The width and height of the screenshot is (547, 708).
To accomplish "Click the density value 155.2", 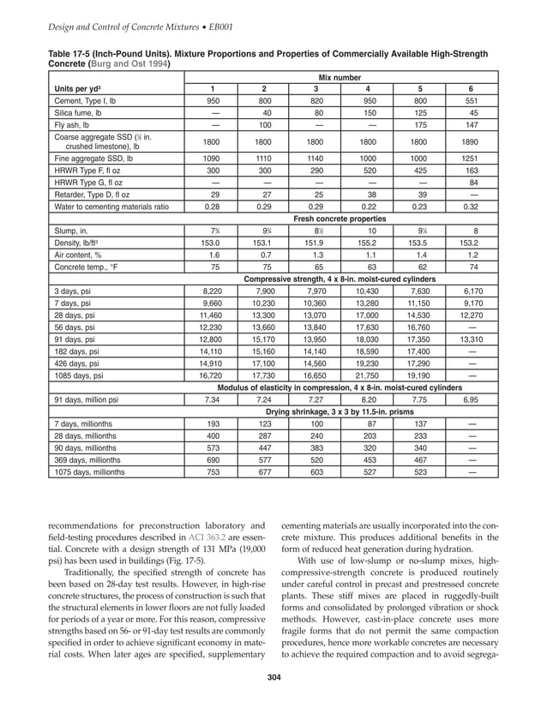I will [367, 243].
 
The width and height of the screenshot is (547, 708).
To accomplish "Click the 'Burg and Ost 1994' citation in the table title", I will [128, 63].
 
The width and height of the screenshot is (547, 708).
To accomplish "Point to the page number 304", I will [273, 681].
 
